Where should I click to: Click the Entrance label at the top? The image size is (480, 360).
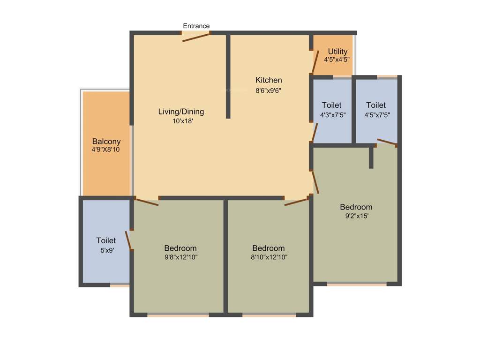(196, 26)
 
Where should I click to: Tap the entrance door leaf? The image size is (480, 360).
(196, 37)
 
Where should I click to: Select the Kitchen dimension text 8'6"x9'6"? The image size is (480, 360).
(268, 90)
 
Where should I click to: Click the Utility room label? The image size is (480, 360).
(337, 52)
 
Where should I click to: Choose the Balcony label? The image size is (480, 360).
(106, 141)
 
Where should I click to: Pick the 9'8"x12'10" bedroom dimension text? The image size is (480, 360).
(180, 257)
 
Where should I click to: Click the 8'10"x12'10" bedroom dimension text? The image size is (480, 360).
(269, 257)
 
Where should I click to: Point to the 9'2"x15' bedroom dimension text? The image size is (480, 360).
(356, 216)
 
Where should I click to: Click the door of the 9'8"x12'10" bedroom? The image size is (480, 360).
(147, 202)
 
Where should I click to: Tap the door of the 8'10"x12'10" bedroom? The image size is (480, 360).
(296, 202)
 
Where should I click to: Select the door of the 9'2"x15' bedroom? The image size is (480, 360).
(315, 182)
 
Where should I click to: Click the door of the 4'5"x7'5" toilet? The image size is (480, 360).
(387, 142)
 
